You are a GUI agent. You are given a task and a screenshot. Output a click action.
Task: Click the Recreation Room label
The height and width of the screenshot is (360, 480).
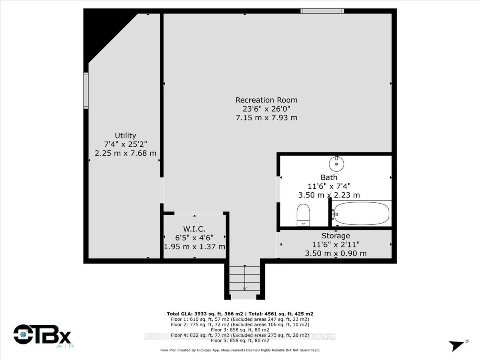pyautogui.click(x=266, y=100)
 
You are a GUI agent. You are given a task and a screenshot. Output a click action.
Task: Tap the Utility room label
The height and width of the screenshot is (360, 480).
pyautogui.click(x=125, y=136)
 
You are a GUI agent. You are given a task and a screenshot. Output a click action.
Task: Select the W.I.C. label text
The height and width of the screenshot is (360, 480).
pyautogui.click(x=194, y=229)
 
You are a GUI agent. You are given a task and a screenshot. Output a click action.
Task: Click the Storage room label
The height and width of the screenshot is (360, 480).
pyautogui.click(x=336, y=236)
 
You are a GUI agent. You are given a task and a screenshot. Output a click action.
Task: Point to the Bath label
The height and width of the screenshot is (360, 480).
pyautogui.click(x=329, y=177)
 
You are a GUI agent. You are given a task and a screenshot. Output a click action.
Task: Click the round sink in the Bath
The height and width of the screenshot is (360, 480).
pyautogui.click(x=337, y=163)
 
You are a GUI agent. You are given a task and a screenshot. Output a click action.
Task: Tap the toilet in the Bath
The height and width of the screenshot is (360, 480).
pyautogui.click(x=304, y=215)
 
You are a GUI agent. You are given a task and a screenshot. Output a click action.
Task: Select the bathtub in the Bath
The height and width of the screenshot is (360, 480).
pyautogui.click(x=361, y=214)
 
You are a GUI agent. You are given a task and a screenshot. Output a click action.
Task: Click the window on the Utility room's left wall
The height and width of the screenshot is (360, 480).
pyautogui.click(x=86, y=90)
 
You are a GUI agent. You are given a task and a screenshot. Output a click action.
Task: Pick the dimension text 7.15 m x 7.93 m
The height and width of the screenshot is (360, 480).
pyautogui.click(x=266, y=118)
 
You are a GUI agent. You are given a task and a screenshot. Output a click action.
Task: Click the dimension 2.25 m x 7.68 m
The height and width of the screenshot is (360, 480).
pyautogui.click(x=125, y=153)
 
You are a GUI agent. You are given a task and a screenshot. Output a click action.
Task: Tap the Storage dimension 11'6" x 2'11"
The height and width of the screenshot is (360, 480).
pyautogui.click(x=336, y=244)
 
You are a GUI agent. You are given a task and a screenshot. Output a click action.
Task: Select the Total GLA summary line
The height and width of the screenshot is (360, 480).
pyautogui.click(x=242, y=314)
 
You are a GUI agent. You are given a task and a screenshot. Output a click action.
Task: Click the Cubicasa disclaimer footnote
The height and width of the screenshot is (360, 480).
pyautogui.click(x=240, y=350)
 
